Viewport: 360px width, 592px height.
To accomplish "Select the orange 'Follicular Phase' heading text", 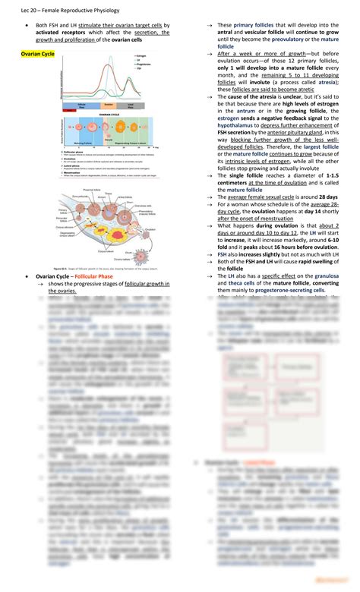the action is point(90,276).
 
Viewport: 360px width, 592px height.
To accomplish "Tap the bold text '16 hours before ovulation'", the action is point(300,247).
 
